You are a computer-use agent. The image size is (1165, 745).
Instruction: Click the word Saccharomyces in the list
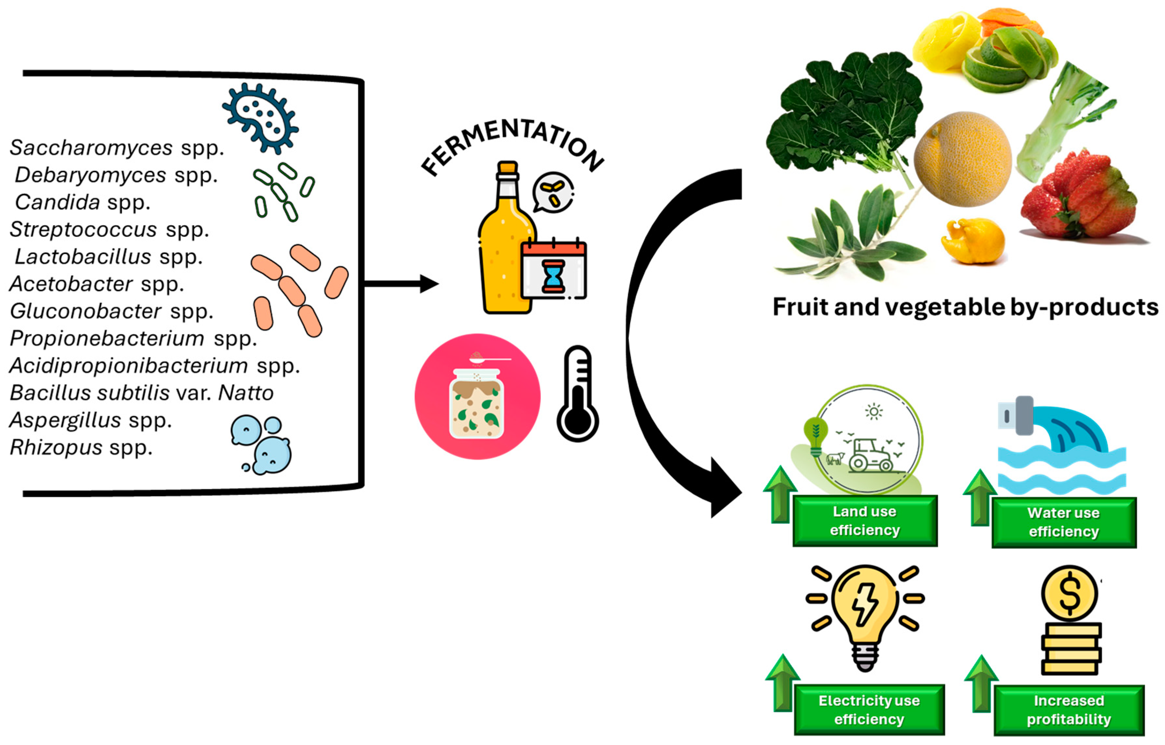[x=91, y=147]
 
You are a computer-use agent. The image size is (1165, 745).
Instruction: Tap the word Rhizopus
[x=56, y=448]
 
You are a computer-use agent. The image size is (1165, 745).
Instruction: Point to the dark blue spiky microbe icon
[x=260, y=117]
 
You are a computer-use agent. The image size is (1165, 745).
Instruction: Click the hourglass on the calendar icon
[x=553, y=276]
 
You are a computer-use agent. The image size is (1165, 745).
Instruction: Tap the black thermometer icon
[x=578, y=395]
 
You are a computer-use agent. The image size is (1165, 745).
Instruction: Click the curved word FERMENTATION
[x=513, y=140]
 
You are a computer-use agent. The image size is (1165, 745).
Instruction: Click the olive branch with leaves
[x=852, y=232]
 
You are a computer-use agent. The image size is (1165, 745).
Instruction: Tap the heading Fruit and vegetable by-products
[x=965, y=307]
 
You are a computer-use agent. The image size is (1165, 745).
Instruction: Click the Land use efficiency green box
[x=865, y=521]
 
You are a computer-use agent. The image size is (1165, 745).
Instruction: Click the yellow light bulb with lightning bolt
[x=865, y=610]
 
